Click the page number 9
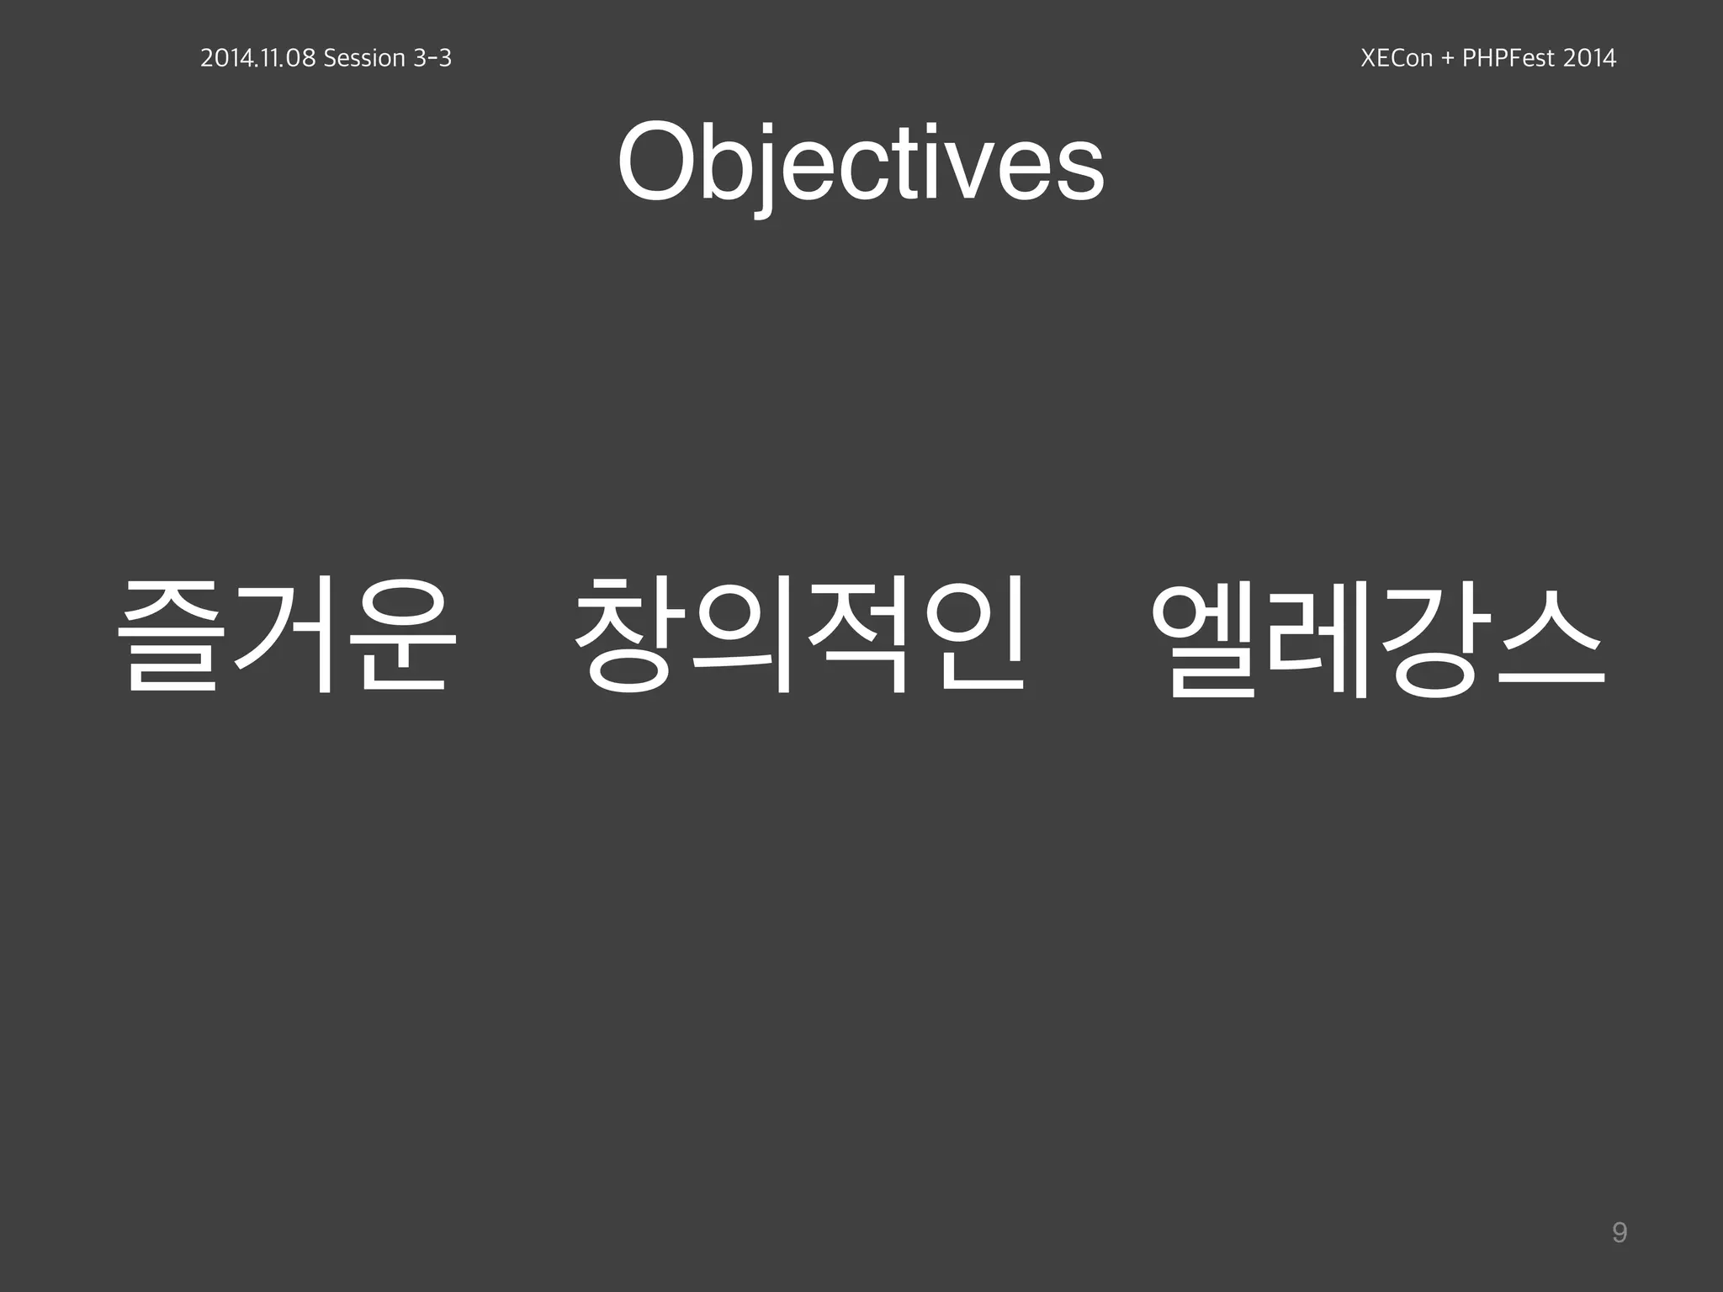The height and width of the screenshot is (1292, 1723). pyautogui.click(x=1619, y=1233)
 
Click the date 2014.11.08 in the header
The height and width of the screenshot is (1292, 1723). pyautogui.click(x=257, y=58)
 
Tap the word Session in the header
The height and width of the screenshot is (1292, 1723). pyautogui.click(x=364, y=58)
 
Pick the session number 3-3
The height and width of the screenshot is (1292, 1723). pyautogui.click(x=432, y=58)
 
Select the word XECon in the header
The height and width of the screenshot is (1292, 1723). pyautogui.click(x=1397, y=58)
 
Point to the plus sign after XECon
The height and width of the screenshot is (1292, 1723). pyautogui.click(x=1447, y=59)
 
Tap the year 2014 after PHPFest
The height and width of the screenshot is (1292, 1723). pyautogui.click(x=1589, y=58)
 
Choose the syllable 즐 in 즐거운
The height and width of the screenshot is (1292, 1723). pyautogui.click(x=172, y=637)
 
